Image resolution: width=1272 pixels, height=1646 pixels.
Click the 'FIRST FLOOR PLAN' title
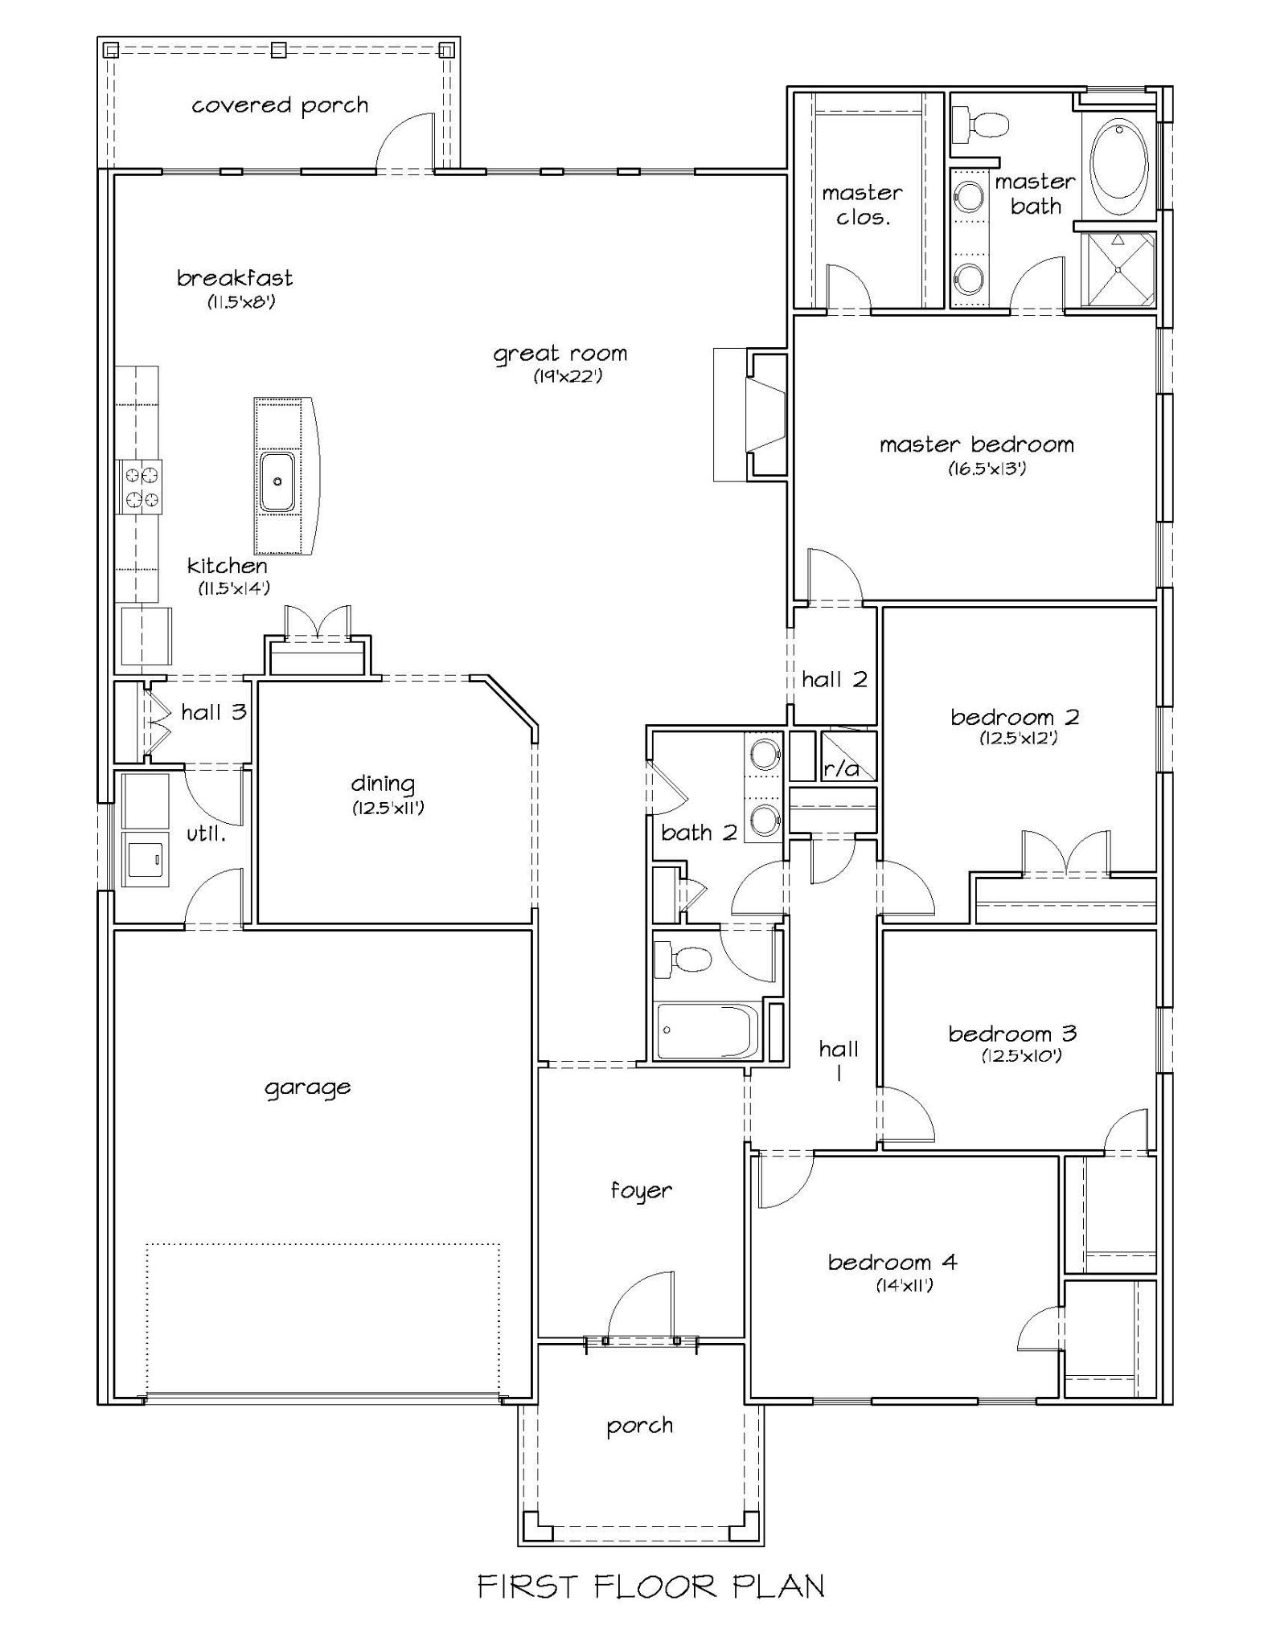tap(651, 1586)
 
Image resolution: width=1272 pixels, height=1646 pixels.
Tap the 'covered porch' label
tap(280, 106)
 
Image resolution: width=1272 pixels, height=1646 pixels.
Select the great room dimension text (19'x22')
tap(568, 375)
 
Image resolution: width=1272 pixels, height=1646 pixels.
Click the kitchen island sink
tap(277, 481)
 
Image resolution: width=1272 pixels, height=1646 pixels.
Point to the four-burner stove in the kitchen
tap(140, 487)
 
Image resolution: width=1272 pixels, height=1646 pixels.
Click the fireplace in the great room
tap(750, 415)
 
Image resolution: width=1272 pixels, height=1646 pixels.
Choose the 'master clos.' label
tap(862, 205)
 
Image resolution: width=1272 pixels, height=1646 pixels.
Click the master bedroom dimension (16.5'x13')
tap(987, 469)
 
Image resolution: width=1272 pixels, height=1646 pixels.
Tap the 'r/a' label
tap(841, 769)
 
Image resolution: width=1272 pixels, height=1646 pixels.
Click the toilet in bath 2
tap(682, 959)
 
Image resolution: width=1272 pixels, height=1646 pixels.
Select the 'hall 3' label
tap(213, 712)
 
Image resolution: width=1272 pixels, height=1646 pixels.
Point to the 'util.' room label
tap(206, 834)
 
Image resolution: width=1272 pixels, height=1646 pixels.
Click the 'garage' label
tap(308, 1088)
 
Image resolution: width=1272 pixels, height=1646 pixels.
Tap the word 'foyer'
tap(641, 1191)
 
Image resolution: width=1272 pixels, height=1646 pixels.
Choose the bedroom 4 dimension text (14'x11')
tap(905, 1286)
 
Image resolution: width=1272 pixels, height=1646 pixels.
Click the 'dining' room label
tap(383, 784)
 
